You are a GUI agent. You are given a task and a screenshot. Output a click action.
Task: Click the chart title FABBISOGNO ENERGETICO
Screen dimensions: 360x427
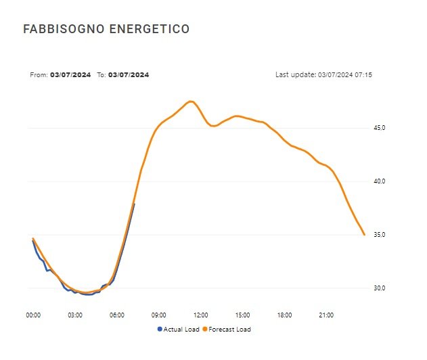coord(106,29)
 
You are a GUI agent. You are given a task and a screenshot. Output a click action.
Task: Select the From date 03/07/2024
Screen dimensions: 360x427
coord(70,74)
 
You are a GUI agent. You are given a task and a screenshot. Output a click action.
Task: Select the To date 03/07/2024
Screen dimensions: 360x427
coord(129,74)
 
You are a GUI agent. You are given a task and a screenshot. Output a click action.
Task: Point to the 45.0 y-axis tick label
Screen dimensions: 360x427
coord(380,128)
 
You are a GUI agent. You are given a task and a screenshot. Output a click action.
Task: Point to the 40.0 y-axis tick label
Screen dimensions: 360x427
coord(380,181)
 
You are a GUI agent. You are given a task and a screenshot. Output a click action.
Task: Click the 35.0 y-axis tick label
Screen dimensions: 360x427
coord(380,235)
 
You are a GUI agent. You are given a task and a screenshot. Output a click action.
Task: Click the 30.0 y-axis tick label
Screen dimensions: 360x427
coord(380,288)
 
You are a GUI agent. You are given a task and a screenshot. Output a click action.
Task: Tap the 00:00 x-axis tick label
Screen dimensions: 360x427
coord(33,315)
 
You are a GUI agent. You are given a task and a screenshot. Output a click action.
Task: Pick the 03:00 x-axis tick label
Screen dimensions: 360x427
coord(75,315)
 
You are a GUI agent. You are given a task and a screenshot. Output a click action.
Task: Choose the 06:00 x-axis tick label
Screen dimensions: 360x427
coord(117,315)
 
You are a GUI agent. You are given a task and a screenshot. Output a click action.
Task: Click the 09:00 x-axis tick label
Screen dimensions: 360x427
coord(159,315)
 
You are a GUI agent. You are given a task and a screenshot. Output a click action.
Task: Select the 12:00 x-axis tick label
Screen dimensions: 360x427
coord(201,315)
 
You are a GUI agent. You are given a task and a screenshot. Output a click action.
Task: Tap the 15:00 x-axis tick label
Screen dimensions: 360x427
coord(243,315)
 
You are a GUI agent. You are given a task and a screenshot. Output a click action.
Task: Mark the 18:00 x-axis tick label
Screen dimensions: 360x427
coord(285,315)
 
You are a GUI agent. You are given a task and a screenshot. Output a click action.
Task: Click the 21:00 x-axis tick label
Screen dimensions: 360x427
coord(327,315)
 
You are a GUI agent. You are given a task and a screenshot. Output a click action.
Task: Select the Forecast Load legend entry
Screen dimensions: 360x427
coord(228,330)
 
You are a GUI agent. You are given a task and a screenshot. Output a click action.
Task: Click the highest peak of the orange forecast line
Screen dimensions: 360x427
coord(191,102)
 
